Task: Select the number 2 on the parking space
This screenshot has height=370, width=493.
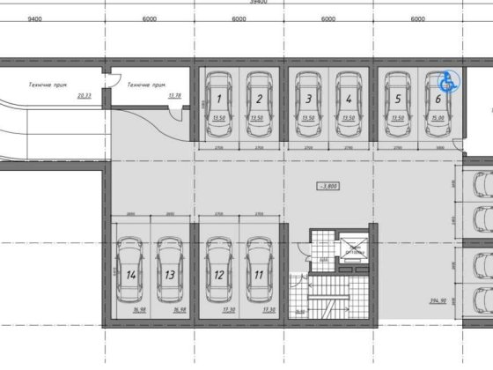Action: (259, 100)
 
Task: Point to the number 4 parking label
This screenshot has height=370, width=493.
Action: (349, 100)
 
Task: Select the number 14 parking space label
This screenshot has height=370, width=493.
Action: (130, 275)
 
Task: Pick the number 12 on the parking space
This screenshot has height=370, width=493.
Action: (217, 275)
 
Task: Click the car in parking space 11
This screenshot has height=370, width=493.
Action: (258, 270)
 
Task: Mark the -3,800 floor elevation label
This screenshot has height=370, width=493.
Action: (331, 186)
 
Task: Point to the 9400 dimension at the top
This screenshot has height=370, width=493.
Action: (35, 18)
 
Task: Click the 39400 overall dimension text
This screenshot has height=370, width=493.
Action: (232, 3)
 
